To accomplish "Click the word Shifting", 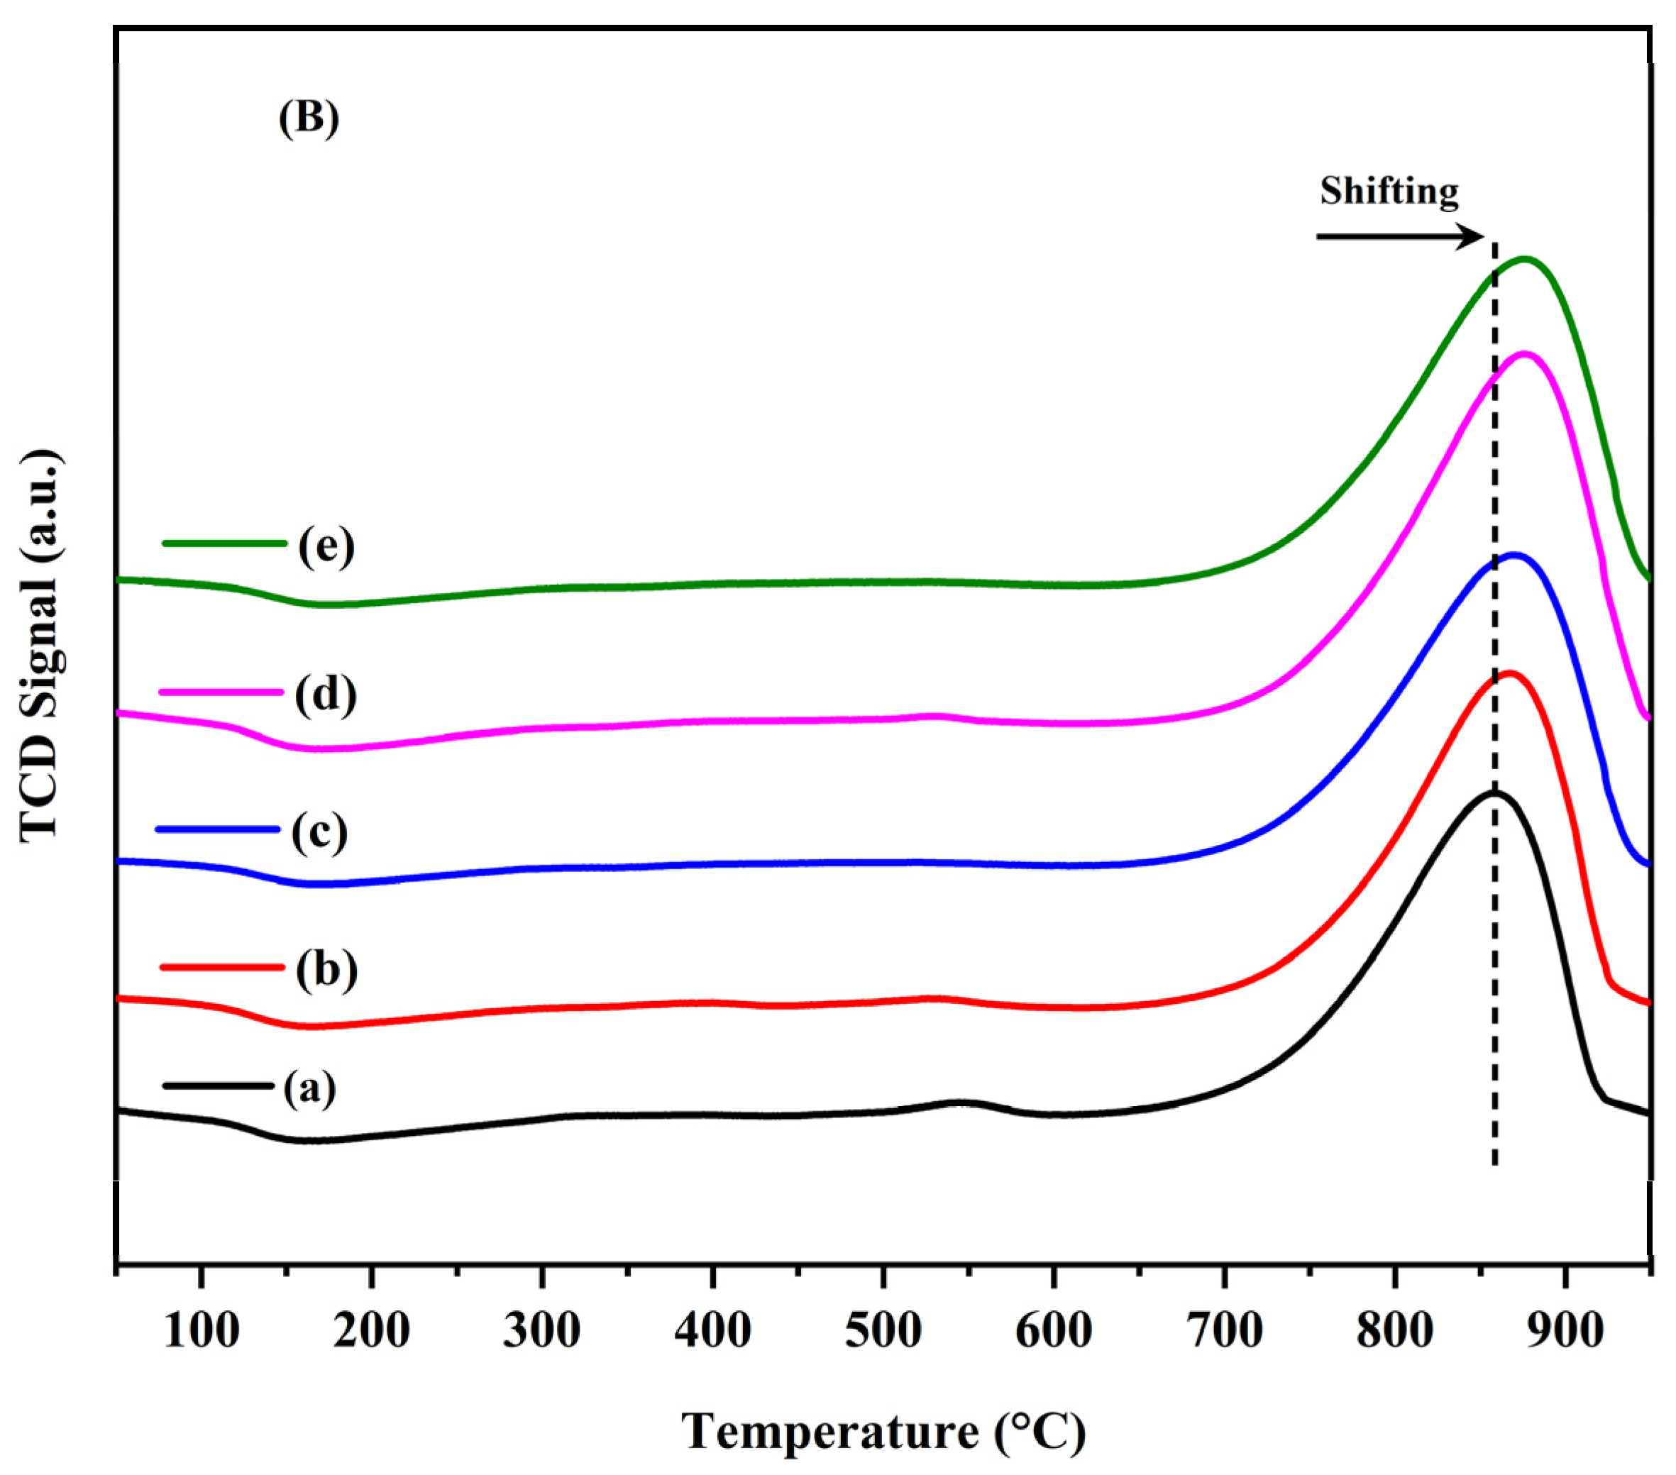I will [1389, 190].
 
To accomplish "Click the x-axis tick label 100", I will [202, 1332].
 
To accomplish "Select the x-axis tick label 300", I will [542, 1332].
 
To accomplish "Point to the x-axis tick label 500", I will [883, 1332].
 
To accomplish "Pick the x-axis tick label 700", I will [1224, 1332].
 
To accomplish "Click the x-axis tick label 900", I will [1565, 1332].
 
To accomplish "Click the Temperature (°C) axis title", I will [883, 1432].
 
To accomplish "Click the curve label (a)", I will [309, 1089].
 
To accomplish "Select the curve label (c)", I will [319, 832].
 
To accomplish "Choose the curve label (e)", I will [326, 546].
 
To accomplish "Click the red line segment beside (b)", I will [221, 967].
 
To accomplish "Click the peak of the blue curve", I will [1514, 555].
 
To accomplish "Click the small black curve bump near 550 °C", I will [959, 1103].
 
